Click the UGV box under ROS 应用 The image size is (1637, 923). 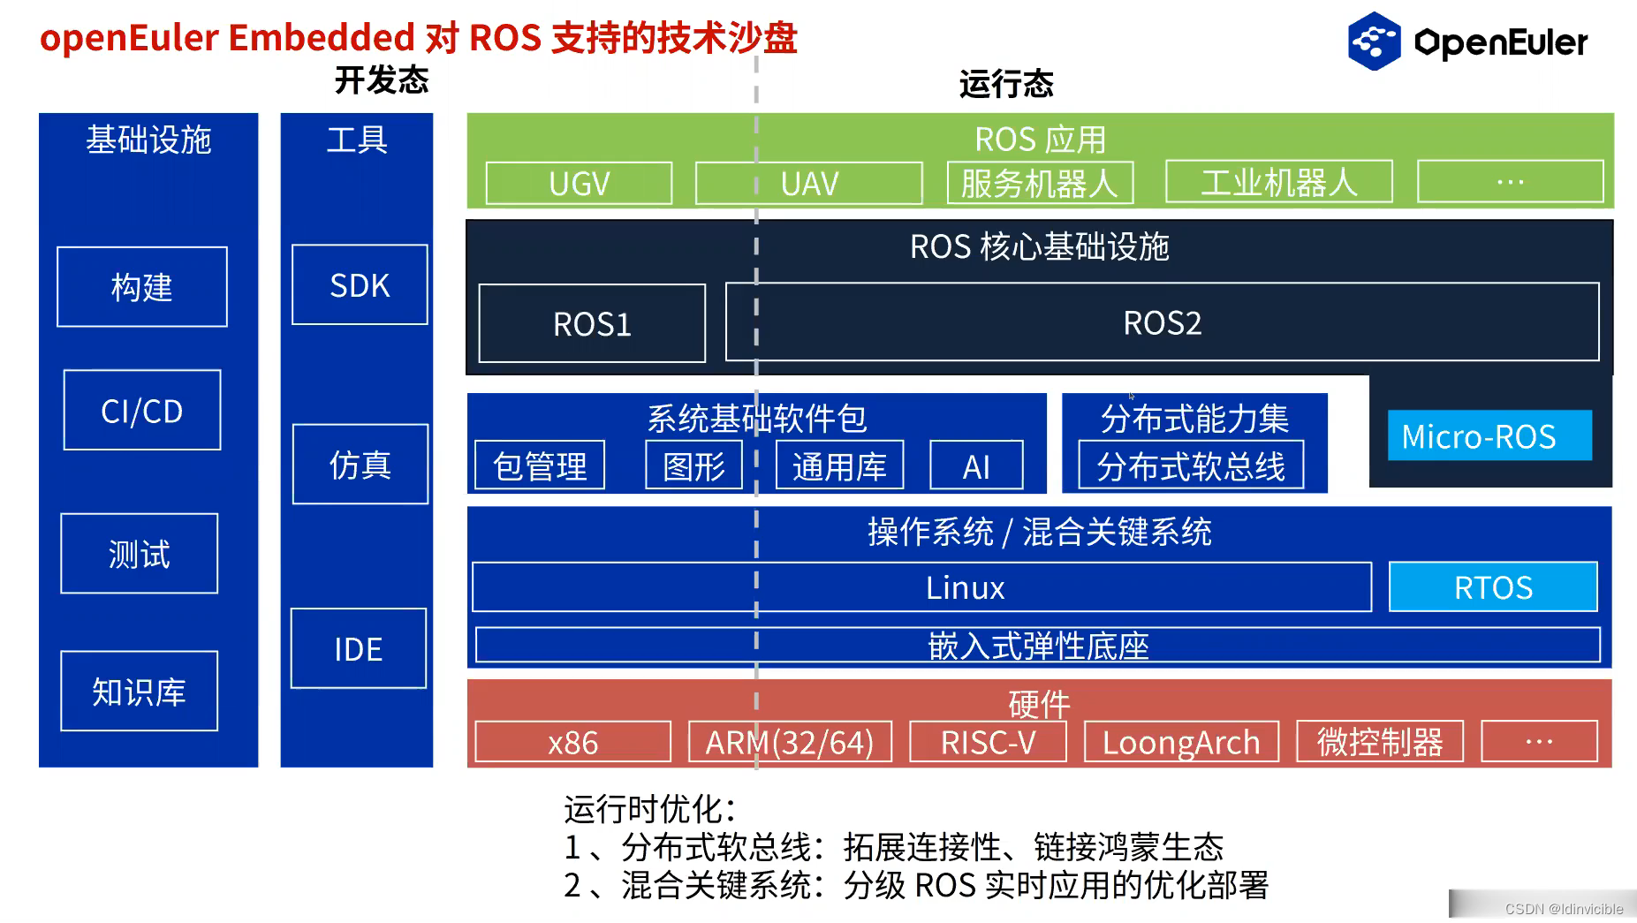[579, 184]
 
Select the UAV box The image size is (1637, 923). [808, 184]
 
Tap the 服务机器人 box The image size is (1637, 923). [1040, 183]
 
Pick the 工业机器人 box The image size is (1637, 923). [1278, 183]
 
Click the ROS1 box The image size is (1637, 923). [592, 324]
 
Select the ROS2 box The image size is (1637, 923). [1162, 323]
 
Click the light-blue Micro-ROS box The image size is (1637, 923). [1489, 435]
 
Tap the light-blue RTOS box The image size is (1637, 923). [1493, 587]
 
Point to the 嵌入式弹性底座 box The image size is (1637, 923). [1037, 646]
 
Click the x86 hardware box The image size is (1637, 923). [572, 742]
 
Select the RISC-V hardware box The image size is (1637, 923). [988, 742]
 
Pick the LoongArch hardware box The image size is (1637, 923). [1181, 742]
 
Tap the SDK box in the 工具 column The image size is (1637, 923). [360, 285]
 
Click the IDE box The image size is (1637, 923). [358, 649]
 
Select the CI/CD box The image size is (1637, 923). [142, 411]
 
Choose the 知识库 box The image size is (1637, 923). [139, 692]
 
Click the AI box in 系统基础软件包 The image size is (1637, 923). [976, 466]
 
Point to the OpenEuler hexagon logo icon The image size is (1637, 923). [1374, 41]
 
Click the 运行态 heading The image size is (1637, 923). [1006, 84]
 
